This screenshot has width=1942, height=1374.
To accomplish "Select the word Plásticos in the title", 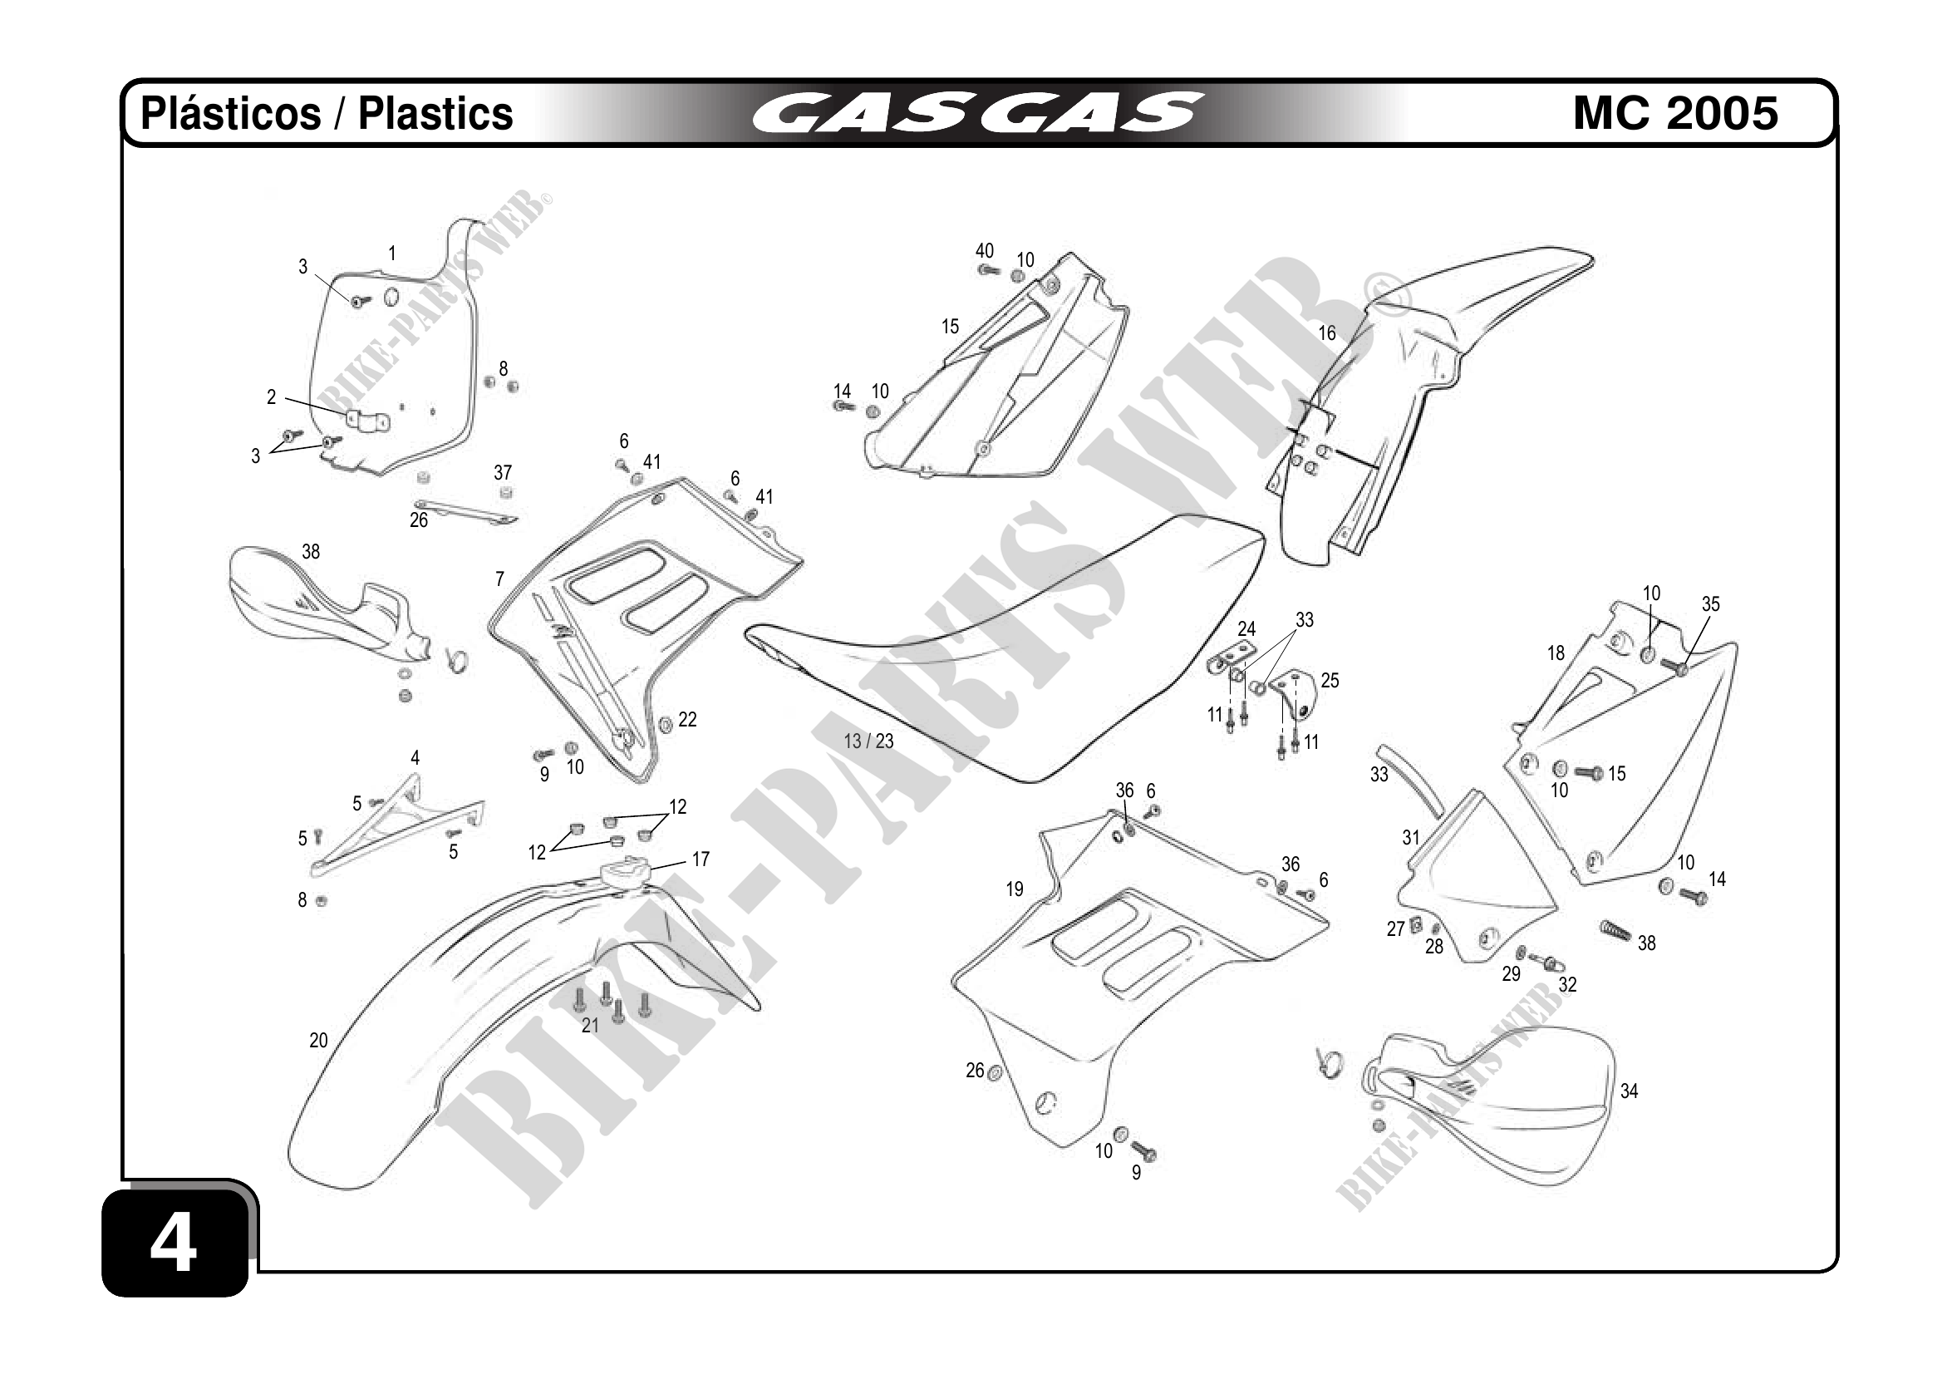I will click(230, 113).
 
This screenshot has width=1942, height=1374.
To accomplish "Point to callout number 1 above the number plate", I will click(392, 253).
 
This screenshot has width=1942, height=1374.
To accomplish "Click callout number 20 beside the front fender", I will click(318, 1041).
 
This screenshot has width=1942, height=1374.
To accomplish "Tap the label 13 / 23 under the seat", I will click(868, 742).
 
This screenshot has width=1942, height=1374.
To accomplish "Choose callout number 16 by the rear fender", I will click(1327, 333).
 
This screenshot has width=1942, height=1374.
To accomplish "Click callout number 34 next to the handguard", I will click(1629, 1091).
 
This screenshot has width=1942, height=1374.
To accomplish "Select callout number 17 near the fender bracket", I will click(701, 859).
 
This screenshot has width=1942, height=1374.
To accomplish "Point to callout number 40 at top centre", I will click(985, 251).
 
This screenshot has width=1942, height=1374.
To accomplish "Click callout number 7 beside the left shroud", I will click(500, 579).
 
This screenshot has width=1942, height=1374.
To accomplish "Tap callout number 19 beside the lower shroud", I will click(1014, 889).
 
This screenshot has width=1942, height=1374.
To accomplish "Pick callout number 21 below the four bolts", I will click(590, 1026).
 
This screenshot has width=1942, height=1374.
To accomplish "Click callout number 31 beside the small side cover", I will click(1411, 838).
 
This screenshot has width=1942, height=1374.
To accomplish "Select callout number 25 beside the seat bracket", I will click(1330, 681).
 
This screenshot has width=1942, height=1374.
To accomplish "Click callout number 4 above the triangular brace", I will click(415, 758).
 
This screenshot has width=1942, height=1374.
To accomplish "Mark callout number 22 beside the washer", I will click(688, 720).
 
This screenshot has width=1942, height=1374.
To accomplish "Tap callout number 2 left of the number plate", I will click(272, 396).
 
